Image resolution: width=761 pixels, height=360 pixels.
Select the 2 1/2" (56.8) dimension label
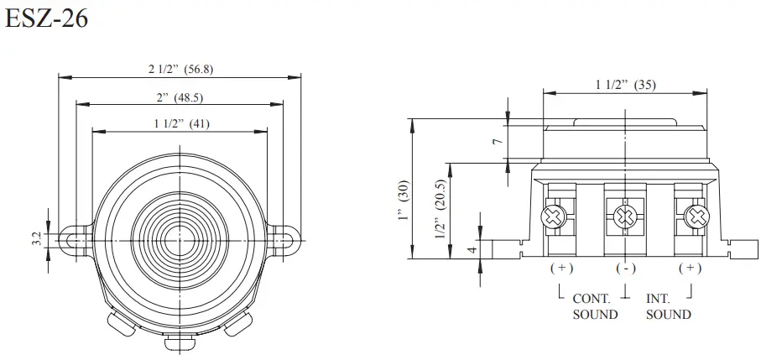pos(180,69)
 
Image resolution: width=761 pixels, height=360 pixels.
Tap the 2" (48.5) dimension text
pos(180,97)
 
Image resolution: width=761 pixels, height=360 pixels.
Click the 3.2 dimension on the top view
pos(36,239)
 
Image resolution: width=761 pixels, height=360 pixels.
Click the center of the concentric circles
pos(180,239)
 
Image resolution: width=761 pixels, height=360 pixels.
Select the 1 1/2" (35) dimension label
pos(625,84)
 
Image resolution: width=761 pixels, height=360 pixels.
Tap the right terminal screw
pos(694,217)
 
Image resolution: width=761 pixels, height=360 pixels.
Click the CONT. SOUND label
pos(595,306)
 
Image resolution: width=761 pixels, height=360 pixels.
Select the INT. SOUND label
pos(669,306)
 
